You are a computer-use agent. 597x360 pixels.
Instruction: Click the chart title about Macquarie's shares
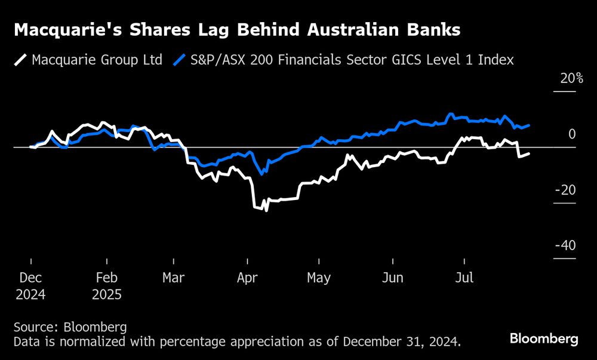coord(236,30)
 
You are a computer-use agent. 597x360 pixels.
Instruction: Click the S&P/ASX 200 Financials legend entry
coord(343,60)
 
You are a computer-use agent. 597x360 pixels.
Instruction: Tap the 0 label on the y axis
coord(572,134)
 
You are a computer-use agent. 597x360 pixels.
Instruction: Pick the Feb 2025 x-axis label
coord(107,286)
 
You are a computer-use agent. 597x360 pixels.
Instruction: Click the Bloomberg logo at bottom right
coord(544,339)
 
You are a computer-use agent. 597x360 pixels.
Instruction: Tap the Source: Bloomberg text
coord(70,327)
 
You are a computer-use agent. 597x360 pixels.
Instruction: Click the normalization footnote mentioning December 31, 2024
coord(237,342)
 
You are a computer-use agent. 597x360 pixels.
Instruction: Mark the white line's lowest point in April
coord(266,210)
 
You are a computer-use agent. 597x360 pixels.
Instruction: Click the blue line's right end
coord(529,125)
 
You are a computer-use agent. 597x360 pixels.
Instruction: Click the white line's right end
coord(529,153)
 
